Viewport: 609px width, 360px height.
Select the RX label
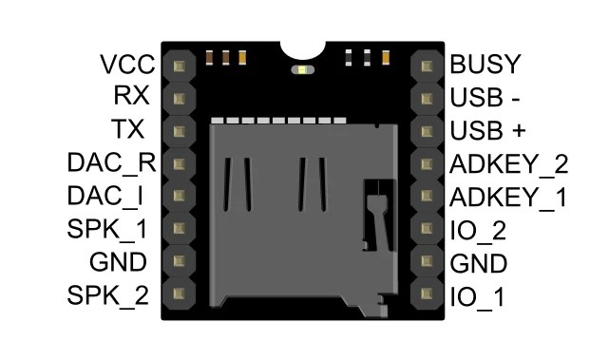pyautogui.click(x=131, y=97)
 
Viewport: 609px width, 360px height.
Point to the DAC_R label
pyautogui.click(x=111, y=161)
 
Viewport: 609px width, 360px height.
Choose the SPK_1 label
pyautogui.click(x=107, y=229)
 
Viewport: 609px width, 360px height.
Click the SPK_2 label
pyautogui.click(x=107, y=295)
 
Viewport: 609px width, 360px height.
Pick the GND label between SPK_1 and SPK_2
pyautogui.click(x=119, y=262)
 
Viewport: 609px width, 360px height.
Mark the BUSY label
pyautogui.click(x=485, y=65)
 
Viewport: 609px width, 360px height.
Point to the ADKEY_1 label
pyautogui.click(x=507, y=198)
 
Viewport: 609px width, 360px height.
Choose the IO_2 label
pyautogui.click(x=478, y=230)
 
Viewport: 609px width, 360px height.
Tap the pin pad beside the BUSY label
pyautogui.click(x=427, y=66)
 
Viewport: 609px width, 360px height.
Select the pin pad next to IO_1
pyautogui.click(x=427, y=294)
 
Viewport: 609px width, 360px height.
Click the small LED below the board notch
pyautogui.click(x=302, y=69)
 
